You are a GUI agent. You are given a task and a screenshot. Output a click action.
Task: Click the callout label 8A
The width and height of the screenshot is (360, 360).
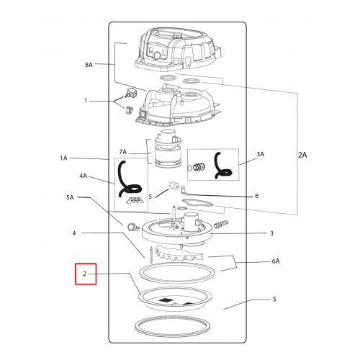pyautogui.click(x=89, y=65)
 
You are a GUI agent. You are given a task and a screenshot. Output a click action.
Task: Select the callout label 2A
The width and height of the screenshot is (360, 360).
pyautogui.click(x=302, y=155)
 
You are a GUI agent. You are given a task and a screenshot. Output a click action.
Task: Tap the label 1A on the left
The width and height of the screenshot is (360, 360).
pyautogui.click(x=63, y=158)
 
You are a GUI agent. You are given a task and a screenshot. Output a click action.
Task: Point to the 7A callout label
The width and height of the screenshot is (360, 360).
pyautogui.click(x=122, y=152)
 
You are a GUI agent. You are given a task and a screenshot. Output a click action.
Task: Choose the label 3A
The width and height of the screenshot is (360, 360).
pyautogui.click(x=261, y=154)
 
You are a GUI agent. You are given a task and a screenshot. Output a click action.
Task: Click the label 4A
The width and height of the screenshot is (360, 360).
pyautogui.click(x=84, y=176)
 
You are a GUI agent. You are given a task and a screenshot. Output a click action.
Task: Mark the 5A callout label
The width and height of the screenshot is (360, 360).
pyautogui.click(x=70, y=197)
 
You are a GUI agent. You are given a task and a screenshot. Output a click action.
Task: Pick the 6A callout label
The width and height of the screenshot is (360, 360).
pyautogui.click(x=276, y=261)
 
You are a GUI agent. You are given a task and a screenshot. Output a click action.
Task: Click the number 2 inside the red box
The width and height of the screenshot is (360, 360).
pyautogui.click(x=84, y=274)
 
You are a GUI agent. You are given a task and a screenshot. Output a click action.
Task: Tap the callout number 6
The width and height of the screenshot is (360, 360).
pyautogui.click(x=257, y=196)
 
